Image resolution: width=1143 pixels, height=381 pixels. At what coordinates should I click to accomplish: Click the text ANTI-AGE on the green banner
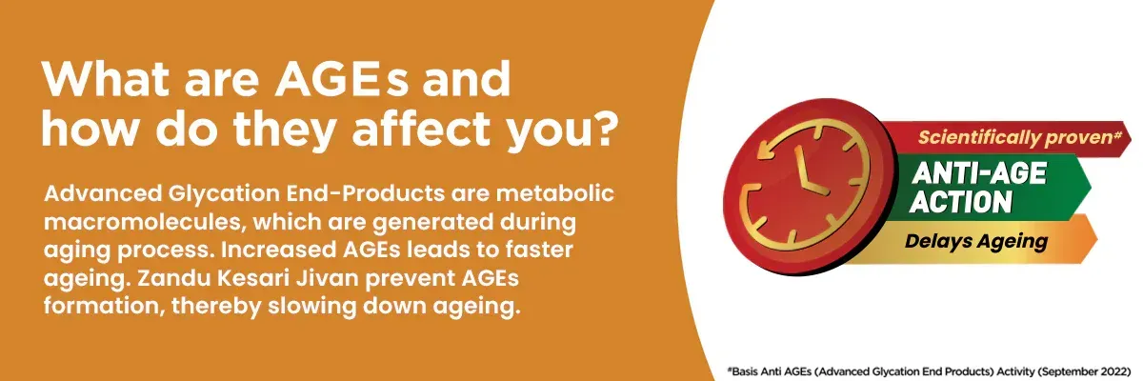click(x=980, y=173)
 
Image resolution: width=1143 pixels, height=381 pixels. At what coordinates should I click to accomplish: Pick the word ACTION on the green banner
click(x=961, y=202)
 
